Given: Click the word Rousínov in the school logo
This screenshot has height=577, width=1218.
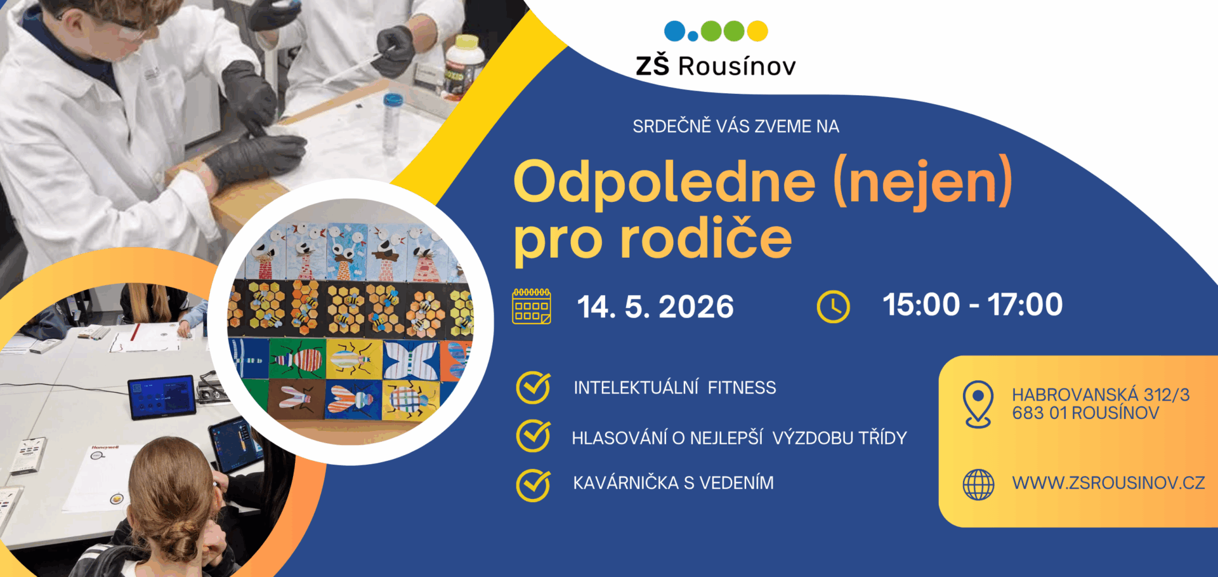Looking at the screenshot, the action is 737,66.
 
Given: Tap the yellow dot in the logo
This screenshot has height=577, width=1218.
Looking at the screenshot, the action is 757,30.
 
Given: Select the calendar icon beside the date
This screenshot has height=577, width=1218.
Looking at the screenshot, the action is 532,306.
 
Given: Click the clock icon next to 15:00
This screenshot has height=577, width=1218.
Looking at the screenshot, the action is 833,307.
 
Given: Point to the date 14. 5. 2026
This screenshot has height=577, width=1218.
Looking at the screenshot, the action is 655,307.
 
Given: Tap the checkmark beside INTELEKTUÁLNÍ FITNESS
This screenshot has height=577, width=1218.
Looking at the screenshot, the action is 534,387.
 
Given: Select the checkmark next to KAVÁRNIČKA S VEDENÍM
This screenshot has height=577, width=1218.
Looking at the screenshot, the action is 534,485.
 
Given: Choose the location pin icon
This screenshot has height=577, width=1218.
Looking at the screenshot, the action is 978,404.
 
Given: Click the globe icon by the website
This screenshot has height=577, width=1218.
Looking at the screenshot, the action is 978,484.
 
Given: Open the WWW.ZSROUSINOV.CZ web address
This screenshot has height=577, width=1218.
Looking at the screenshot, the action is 1108,483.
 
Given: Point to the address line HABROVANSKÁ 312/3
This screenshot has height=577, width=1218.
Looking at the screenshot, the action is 1101,395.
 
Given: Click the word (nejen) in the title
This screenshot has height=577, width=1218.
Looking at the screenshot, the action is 923,182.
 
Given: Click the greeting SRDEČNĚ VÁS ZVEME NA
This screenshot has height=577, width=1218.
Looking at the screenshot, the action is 736,126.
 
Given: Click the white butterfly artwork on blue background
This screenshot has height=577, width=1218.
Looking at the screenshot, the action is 410,359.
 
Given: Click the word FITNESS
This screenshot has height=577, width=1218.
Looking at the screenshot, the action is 742,387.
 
